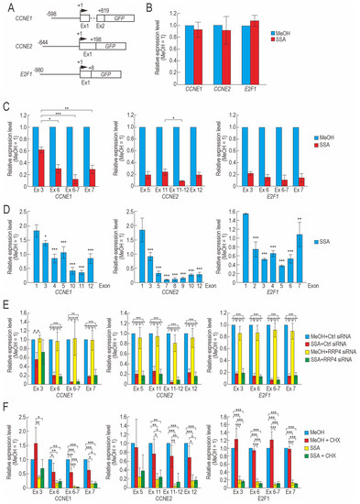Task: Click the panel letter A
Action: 7,6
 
